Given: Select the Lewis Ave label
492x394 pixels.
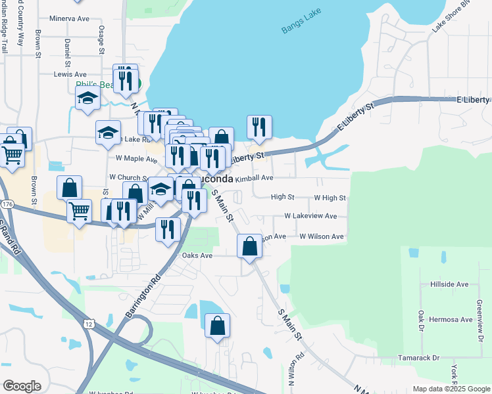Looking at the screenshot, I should click(x=70, y=75).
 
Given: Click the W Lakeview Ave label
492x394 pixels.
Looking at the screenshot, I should click(x=310, y=216).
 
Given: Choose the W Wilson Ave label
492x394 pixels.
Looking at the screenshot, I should click(x=322, y=236).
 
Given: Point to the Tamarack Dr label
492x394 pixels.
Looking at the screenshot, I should click(x=418, y=358).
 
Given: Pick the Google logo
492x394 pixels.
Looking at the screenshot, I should click(x=22, y=386).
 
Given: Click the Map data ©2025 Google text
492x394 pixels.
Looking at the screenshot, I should click(x=451, y=389).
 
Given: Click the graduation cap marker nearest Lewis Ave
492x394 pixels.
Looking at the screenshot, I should click(x=87, y=100).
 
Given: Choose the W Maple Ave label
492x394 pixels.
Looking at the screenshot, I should click(x=133, y=158).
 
